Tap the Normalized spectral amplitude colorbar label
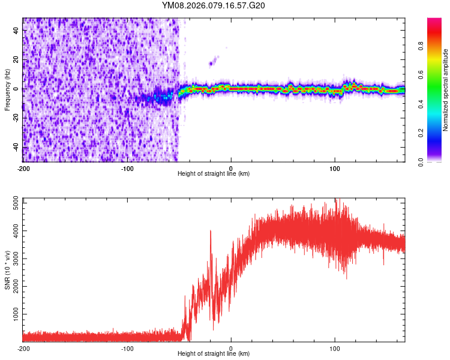pyautogui.click(x=446, y=89)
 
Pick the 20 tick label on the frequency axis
pyautogui.click(x=17, y=60)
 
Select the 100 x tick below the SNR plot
pyautogui.click(x=335, y=348)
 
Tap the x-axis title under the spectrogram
pyautogui.click(x=214, y=173)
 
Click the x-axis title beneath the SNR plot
pyautogui.click(x=214, y=354)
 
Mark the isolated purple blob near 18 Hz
pyautogui.click(x=211, y=62)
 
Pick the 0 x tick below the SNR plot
pyautogui.click(x=231, y=348)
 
